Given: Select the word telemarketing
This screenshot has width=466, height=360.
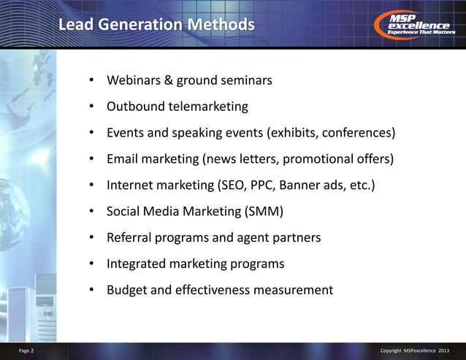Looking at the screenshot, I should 208,107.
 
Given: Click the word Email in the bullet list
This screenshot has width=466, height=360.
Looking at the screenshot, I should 123,159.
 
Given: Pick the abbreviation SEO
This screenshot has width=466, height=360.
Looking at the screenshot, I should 231,185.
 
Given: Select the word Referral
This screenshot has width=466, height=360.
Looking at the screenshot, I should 131,238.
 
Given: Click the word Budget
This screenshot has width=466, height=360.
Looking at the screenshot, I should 128,290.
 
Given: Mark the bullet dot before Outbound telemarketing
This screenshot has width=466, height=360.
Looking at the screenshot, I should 92,107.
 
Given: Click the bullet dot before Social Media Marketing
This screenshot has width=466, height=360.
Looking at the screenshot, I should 92,212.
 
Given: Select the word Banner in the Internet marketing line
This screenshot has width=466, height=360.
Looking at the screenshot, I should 303,185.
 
